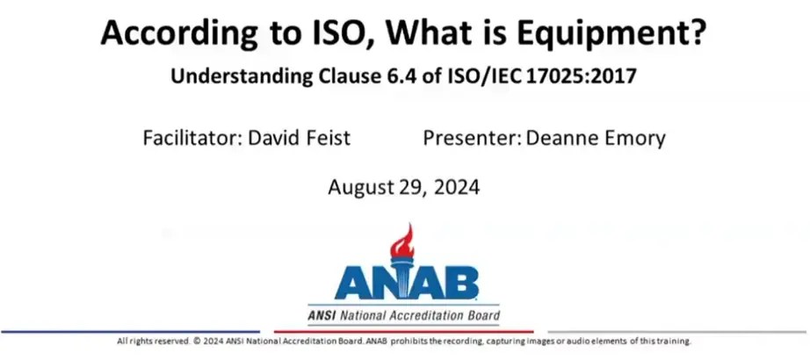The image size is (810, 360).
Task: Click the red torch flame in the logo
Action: [x=403, y=238]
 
